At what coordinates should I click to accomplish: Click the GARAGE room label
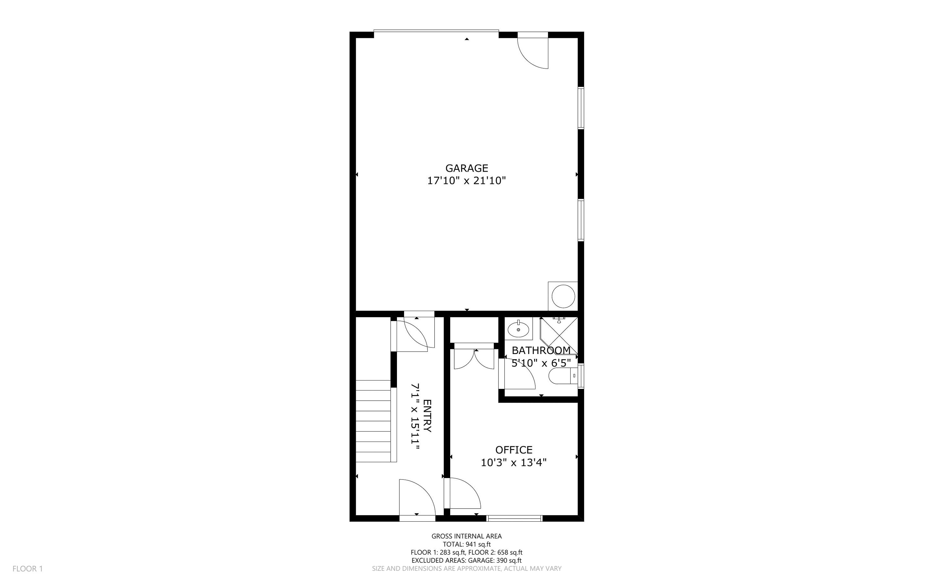tap(466, 168)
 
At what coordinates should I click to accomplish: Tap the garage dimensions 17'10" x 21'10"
tap(466, 181)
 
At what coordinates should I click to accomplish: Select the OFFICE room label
tap(513, 450)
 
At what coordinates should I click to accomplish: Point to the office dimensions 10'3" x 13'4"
tap(513, 462)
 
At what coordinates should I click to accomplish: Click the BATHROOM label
tap(540, 350)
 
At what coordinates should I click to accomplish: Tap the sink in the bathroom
tap(518, 329)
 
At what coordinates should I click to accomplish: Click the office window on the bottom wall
tap(515, 518)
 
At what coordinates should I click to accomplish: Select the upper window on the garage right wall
tap(580, 108)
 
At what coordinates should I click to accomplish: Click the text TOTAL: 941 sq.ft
tap(466, 544)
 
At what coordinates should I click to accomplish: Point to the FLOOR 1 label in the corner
tap(28, 568)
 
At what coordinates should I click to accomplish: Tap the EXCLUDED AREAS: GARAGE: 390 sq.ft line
tap(466, 560)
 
